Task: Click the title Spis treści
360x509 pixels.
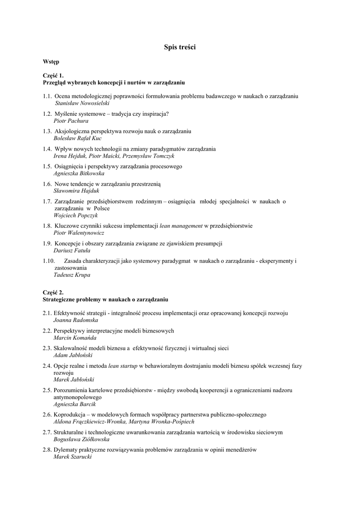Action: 180,47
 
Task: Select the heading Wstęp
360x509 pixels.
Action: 51,62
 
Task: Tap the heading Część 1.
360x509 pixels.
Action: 53,75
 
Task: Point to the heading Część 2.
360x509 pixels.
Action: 53,293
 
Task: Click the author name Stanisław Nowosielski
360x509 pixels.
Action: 82,103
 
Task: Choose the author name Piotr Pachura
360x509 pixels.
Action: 71,121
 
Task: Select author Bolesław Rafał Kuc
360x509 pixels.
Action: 77,138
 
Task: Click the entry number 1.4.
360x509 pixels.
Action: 47,149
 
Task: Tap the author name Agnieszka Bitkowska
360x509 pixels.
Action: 79,173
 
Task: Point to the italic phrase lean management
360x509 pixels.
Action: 181,226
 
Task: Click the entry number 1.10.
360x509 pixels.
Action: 49,260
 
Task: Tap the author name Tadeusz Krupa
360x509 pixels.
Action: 72,275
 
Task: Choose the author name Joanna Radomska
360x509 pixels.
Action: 76,321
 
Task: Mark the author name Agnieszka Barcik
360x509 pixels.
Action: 74,405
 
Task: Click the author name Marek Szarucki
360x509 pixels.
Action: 72,457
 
